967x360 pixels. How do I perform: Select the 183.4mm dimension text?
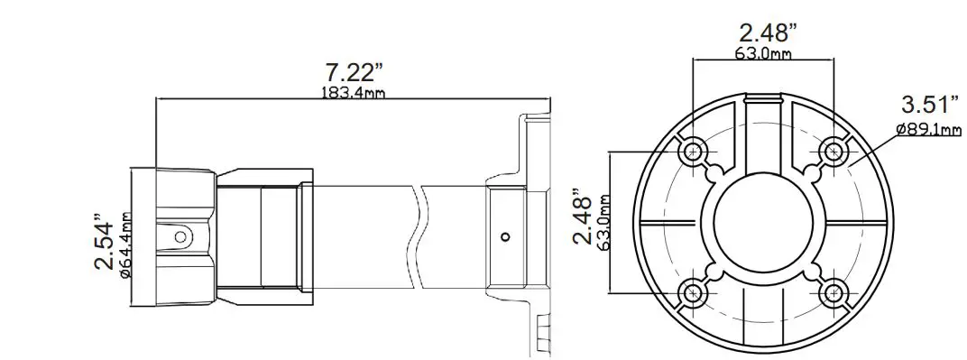pyautogui.click(x=353, y=93)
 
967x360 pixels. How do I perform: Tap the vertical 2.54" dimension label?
pyautogui.click(x=106, y=243)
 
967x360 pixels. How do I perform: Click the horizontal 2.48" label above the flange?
pyautogui.click(x=768, y=34)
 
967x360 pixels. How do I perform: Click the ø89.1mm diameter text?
pyautogui.click(x=928, y=130)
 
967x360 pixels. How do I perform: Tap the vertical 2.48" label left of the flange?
pyautogui.click(x=585, y=217)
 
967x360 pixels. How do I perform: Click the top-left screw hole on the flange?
pyautogui.click(x=694, y=151)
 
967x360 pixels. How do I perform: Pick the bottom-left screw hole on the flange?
pyautogui.click(x=694, y=291)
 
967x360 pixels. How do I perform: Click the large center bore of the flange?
pyautogui.click(x=764, y=221)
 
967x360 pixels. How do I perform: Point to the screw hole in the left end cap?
pyautogui.click(x=180, y=236)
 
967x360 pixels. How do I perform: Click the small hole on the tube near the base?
pyautogui.click(x=506, y=238)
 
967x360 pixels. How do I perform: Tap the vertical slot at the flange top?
pyautogui.click(x=764, y=126)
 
